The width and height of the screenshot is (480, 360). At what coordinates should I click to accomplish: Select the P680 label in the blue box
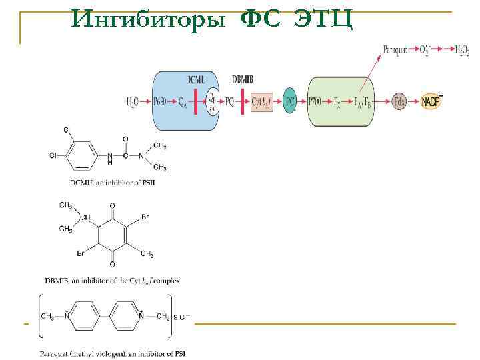coord(161,102)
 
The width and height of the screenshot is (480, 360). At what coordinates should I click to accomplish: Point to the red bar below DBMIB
coord(243,101)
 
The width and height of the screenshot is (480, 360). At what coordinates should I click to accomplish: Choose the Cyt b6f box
coord(261,102)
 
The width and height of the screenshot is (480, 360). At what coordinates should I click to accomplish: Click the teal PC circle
coord(289,101)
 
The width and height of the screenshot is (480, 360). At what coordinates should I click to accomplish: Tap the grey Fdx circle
coord(400,101)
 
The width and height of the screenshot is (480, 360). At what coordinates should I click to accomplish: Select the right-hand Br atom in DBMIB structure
coord(145,218)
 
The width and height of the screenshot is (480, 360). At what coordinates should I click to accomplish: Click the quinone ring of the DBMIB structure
coord(111,235)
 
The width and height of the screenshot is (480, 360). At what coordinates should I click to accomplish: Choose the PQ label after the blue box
coord(229,102)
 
